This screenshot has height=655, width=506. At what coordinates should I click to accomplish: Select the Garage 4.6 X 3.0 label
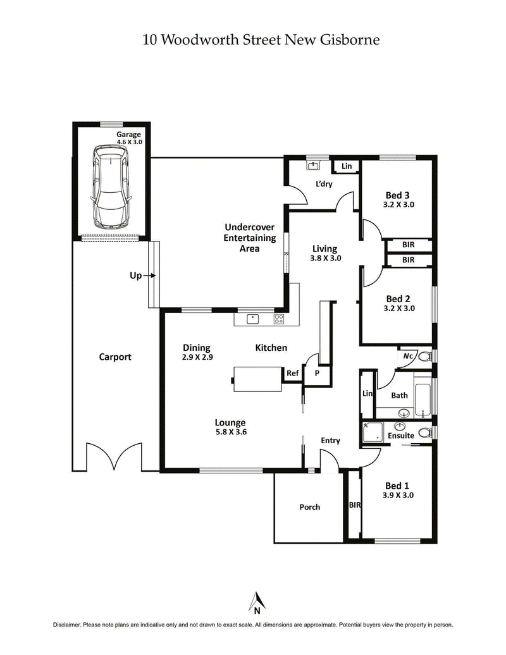tap(128, 138)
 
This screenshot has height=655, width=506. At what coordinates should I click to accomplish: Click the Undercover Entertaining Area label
tap(250, 238)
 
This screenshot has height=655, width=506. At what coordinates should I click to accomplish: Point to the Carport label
tap(115, 357)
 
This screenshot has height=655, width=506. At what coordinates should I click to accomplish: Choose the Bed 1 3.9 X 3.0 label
tap(398, 491)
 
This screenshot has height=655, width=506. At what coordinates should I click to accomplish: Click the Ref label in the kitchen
tap(292, 374)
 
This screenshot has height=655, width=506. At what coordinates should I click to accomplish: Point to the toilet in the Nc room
tap(424, 356)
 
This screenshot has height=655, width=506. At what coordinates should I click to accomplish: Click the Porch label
tap(310, 507)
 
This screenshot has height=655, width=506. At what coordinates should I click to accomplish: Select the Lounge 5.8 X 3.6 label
tap(230, 428)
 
